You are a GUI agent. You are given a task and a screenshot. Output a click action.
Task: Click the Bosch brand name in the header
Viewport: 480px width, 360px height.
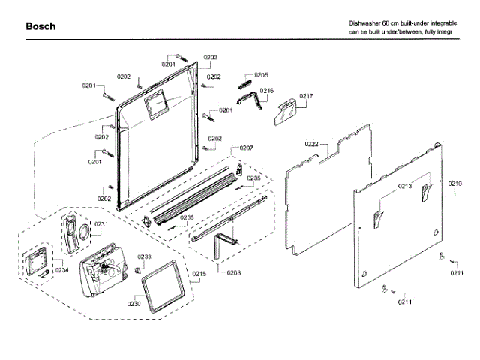[40, 26]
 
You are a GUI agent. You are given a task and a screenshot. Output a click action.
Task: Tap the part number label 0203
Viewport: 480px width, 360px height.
[210, 58]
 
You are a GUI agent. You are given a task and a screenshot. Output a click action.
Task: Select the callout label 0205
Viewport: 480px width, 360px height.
[261, 75]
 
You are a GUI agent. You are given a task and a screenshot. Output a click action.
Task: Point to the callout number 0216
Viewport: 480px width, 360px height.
[266, 91]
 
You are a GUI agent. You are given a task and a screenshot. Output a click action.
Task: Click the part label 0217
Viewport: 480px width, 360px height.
[306, 95]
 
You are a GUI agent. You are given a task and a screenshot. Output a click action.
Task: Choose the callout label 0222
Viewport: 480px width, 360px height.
[312, 143]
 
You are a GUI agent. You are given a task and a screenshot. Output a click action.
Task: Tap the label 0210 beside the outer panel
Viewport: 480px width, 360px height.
[455, 183]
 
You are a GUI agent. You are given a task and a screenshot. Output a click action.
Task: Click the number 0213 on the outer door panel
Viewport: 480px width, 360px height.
[405, 186]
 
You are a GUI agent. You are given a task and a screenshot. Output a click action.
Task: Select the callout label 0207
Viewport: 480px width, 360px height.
[246, 148]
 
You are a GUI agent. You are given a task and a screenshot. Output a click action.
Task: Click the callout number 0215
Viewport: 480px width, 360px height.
[199, 273]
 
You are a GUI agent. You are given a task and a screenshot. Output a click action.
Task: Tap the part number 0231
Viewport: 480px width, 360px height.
[101, 224]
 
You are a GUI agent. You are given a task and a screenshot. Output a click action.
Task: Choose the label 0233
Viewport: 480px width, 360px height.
[144, 256]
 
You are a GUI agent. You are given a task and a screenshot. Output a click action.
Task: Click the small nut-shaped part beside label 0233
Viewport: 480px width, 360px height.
[139, 270]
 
